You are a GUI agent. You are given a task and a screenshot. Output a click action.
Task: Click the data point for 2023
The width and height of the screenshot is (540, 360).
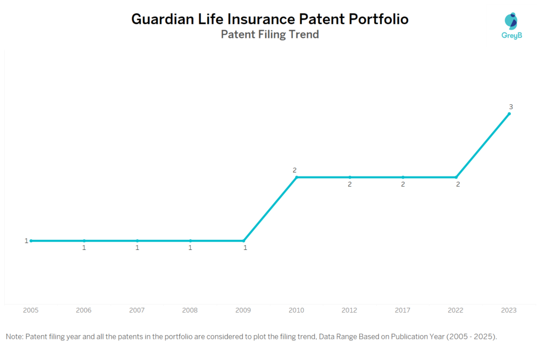click(x=509, y=114)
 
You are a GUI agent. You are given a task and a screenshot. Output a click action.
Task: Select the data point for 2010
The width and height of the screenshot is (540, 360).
click(x=296, y=177)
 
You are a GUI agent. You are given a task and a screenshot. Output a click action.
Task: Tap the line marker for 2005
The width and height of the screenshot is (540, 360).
click(x=31, y=241)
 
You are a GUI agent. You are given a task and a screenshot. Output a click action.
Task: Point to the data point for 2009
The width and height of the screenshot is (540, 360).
click(x=244, y=241)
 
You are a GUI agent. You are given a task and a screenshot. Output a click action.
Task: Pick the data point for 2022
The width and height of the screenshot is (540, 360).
click(x=456, y=177)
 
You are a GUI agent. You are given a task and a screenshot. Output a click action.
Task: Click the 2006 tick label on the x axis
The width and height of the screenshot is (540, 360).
click(x=84, y=310)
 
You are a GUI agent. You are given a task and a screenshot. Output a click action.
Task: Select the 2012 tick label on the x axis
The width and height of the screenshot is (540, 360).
click(x=350, y=310)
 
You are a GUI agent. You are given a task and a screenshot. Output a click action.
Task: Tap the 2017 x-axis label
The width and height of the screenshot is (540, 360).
click(x=403, y=310)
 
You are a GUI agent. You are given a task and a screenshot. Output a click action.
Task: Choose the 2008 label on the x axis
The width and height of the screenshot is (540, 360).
click(x=190, y=310)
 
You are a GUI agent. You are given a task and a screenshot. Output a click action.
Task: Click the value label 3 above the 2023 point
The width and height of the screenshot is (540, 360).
click(x=510, y=106)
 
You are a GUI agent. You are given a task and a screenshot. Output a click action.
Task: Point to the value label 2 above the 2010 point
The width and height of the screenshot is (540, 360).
click(x=295, y=170)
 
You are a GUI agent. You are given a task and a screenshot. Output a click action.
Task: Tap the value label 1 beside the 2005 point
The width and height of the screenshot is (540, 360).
click(x=26, y=241)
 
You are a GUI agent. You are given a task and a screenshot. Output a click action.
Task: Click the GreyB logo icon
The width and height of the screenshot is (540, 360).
click(x=510, y=21)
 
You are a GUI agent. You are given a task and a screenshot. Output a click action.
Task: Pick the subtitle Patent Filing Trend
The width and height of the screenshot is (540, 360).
click(x=269, y=35)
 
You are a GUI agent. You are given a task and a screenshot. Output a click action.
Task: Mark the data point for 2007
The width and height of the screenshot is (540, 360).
click(x=137, y=241)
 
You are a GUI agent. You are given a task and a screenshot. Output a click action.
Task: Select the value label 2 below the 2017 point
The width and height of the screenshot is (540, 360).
click(x=403, y=184)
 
